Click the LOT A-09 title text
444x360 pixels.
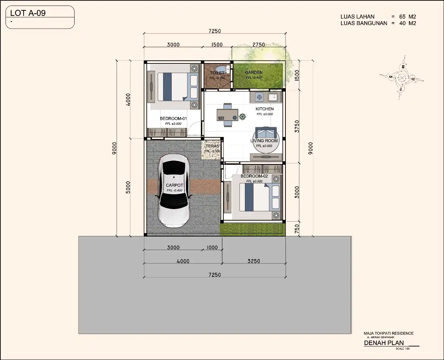coord(28,13)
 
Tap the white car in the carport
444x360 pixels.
coord(174,190)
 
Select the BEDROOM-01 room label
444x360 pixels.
coord(173,119)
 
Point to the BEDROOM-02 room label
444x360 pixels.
coord(254,176)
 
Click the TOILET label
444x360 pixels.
coord(217,73)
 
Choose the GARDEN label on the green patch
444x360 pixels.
coord(254,72)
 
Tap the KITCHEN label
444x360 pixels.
coord(265,109)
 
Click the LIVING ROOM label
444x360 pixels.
coord(264,141)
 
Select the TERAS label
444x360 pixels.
coord(212,146)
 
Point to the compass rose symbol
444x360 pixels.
coord(402,78)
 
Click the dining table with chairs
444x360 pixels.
coord(228,114)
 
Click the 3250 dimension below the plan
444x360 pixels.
coord(254,261)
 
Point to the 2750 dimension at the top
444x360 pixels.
coord(259,45)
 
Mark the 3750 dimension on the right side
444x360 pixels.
coord(297,126)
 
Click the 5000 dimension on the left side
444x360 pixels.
coord(128,187)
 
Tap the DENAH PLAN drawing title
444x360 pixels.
coord(384,343)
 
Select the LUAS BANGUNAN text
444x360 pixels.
coord(364,23)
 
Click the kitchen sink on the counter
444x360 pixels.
coord(273,96)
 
